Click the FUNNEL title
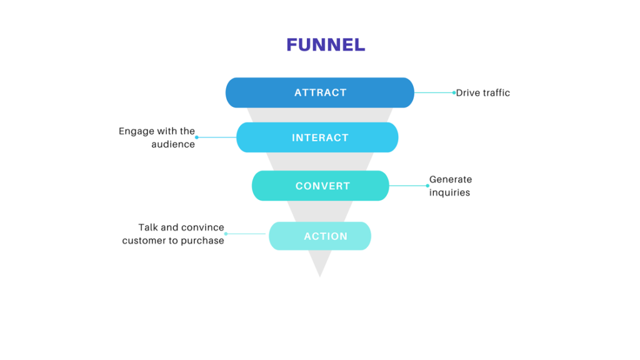coord(326,45)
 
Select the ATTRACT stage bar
coord(320,92)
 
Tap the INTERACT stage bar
coord(317,137)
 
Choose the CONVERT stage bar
coord(321,186)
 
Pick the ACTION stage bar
coord(320,236)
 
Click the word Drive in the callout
coord(467,92)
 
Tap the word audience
coord(173,144)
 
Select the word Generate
coord(451,179)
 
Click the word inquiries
coord(449,192)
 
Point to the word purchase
coord(202,241)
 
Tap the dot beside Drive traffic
coord(454,92)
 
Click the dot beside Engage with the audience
coord(196,137)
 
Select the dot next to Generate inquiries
coord(427,186)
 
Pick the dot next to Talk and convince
coord(226,234)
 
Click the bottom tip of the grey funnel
coord(320,275)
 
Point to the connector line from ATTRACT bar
coord(434,92)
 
